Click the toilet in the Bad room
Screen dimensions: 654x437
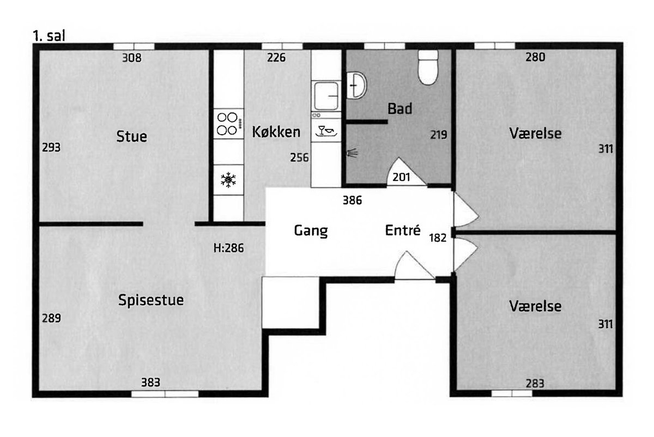click(x=428, y=68)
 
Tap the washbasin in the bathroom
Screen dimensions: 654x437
click(x=356, y=86)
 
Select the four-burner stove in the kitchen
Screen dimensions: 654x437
click(x=228, y=124)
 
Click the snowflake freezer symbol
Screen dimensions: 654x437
click(x=228, y=180)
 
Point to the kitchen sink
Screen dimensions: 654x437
click(x=326, y=96)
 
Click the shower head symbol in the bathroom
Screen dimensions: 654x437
click(x=352, y=153)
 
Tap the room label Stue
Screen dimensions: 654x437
click(x=132, y=136)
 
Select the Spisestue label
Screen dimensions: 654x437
click(x=151, y=300)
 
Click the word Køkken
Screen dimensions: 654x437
click(x=276, y=132)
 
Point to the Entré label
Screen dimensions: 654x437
click(x=403, y=230)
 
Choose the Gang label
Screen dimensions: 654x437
click(x=311, y=231)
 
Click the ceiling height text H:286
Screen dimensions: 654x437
click(x=228, y=248)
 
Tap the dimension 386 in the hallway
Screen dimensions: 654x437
click(x=353, y=201)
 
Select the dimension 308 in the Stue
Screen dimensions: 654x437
click(x=132, y=58)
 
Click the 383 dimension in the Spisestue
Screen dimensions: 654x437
click(x=150, y=383)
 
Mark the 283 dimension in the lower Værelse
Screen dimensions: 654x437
click(x=535, y=383)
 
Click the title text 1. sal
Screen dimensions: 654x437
click(x=49, y=36)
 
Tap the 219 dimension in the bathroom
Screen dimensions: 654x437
click(x=439, y=135)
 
